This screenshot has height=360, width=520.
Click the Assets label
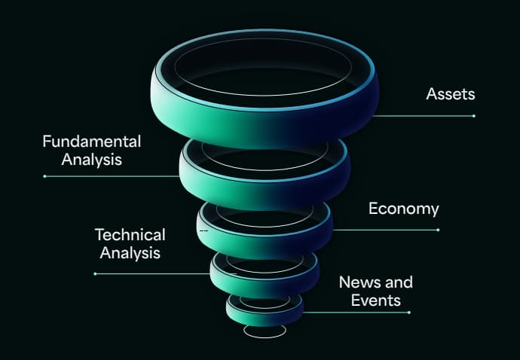451,94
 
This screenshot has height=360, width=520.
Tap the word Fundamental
92,141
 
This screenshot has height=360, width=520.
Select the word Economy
403,209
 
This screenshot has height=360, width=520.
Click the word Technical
130,234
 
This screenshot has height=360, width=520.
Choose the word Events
375,301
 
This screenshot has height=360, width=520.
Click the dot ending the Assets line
474,116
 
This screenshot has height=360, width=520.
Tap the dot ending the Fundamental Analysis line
44,176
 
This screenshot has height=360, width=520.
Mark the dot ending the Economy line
438,230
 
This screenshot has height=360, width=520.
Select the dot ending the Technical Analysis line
95,274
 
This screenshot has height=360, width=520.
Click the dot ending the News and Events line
408,312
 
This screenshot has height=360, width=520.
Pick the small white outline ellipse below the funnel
265,331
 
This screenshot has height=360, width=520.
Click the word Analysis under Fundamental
92,159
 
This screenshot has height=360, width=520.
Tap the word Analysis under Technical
130,252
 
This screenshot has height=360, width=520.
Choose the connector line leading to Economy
384,230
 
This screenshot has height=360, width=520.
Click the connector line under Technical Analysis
151,274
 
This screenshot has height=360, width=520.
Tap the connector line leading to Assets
422,116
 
